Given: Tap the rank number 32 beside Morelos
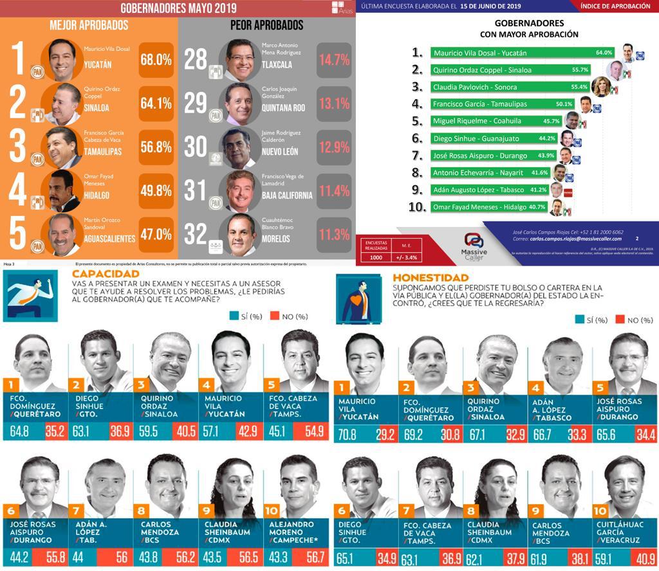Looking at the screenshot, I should (196, 233).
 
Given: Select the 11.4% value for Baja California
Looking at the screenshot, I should (333, 190).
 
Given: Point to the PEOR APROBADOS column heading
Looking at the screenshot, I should (266, 26).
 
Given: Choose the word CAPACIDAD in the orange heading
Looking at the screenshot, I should (97, 276).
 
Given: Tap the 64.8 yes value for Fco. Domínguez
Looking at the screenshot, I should (21, 430).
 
